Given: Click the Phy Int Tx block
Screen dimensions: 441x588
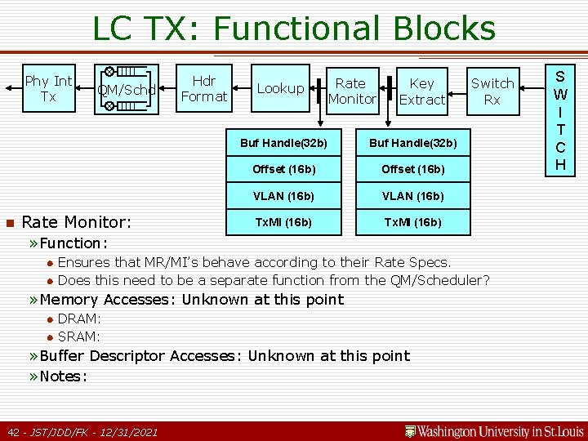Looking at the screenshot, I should pyautogui.click(x=48, y=89).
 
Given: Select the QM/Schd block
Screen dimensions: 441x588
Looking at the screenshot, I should pyautogui.click(x=126, y=90).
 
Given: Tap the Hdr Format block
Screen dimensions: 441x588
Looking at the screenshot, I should pyautogui.click(x=203, y=89).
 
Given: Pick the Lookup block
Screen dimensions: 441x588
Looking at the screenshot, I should pyautogui.click(x=280, y=88).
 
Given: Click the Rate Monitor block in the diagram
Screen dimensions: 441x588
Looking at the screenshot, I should pyautogui.click(x=351, y=91).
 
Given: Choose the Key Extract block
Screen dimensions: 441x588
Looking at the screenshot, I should pyautogui.click(x=421, y=91).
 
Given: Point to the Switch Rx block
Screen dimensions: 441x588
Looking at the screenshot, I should pyautogui.click(x=492, y=91).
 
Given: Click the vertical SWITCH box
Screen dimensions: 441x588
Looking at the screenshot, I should pyautogui.click(x=559, y=119).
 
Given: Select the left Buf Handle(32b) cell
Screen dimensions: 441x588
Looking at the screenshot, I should pyautogui.click(x=283, y=143).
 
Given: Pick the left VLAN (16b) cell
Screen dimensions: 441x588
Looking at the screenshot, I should pyautogui.click(x=283, y=196).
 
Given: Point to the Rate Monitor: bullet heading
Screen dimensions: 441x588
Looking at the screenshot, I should pyautogui.click(x=76, y=222).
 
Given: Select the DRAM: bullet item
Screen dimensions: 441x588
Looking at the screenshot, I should pyautogui.click(x=79, y=318).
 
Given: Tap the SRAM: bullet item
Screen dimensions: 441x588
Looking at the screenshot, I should pyautogui.click(x=79, y=336).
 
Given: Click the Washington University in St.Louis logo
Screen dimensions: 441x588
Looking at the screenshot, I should pyautogui.click(x=493, y=430).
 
